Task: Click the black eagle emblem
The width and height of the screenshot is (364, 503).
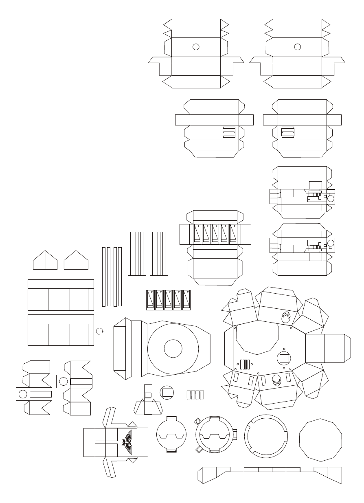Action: click(127, 442)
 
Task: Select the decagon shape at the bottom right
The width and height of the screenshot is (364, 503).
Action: click(320, 440)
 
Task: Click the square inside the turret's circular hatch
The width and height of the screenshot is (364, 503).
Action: click(284, 358)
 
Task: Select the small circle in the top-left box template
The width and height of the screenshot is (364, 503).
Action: click(196, 46)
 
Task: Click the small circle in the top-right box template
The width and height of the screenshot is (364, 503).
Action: click(298, 46)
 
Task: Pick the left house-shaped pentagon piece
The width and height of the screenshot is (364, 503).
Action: click(45, 260)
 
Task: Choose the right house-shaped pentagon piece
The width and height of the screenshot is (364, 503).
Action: click(76, 260)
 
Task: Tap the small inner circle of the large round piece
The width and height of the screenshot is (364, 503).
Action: click(173, 349)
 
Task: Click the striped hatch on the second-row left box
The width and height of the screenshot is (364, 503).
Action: click(229, 132)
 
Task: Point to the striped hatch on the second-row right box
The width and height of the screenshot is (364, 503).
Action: click(288, 132)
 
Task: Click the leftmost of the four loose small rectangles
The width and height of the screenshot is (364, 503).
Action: click(189, 395)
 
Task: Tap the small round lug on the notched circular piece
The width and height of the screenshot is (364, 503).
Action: click(198, 420)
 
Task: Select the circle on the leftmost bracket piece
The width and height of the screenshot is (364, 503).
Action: click(23, 394)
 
